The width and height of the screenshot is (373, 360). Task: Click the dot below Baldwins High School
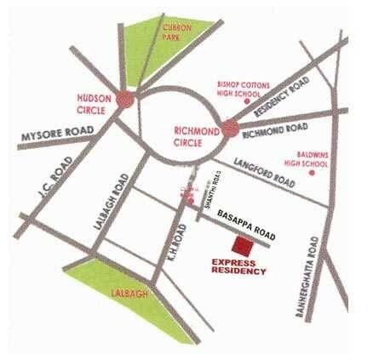coord(313,172)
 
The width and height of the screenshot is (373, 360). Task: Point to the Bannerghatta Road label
coord(312,282)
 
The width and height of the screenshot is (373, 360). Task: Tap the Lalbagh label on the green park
coord(129,294)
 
